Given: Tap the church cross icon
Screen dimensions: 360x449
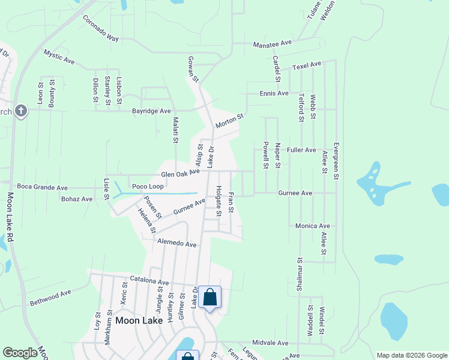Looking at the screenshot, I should (21, 111).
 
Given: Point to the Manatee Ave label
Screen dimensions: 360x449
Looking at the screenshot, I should (272, 44).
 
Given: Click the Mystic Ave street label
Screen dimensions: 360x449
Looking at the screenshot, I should (59, 57).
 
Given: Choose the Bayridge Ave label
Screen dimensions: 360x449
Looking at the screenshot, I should (152, 111).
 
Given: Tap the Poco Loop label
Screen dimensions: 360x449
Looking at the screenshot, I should (148, 187).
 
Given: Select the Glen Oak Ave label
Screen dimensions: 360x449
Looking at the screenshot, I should (179, 173).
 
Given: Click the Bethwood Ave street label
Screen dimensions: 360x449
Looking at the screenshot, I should (50, 296).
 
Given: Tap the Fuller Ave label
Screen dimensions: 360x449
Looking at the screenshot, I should (301, 150).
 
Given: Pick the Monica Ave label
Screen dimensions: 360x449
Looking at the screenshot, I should (312, 226).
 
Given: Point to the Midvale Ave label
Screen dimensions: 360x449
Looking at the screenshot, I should (271, 343).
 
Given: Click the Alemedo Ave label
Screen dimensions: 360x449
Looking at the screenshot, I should (177, 244).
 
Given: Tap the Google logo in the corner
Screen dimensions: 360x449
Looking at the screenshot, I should (20, 353).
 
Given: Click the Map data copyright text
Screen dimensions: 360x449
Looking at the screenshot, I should (411, 355).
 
